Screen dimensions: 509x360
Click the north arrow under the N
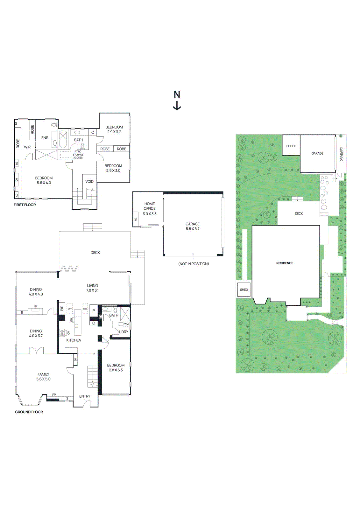(x=177, y=106)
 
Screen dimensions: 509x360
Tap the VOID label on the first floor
(x=89, y=182)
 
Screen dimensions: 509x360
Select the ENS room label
(x=45, y=138)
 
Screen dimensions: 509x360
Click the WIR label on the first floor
(x=27, y=147)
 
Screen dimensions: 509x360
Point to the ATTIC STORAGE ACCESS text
(x=78, y=155)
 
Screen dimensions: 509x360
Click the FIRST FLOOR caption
(x=25, y=205)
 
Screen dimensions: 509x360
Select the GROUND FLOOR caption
(x=29, y=412)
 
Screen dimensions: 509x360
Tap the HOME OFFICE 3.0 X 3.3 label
(x=150, y=209)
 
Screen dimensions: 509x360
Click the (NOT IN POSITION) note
(x=194, y=264)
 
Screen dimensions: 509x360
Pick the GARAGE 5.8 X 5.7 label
(x=193, y=226)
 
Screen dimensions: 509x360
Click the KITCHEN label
(x=74, y=340)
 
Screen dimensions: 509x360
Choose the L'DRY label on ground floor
(x=124, y=332)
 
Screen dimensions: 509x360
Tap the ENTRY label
(x=85, y=396)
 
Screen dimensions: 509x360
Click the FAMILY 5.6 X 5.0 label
(x=44, y=377)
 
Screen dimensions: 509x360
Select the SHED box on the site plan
(x=244, y=290)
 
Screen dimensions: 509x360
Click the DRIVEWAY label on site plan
(x=342, y=154)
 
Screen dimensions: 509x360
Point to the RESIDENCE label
(x=285, y=263)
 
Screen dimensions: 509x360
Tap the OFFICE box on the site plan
(x=291, y=146)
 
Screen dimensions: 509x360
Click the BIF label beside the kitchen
(x=62, y=309)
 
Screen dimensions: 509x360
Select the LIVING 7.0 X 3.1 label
(x=93, y=288)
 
